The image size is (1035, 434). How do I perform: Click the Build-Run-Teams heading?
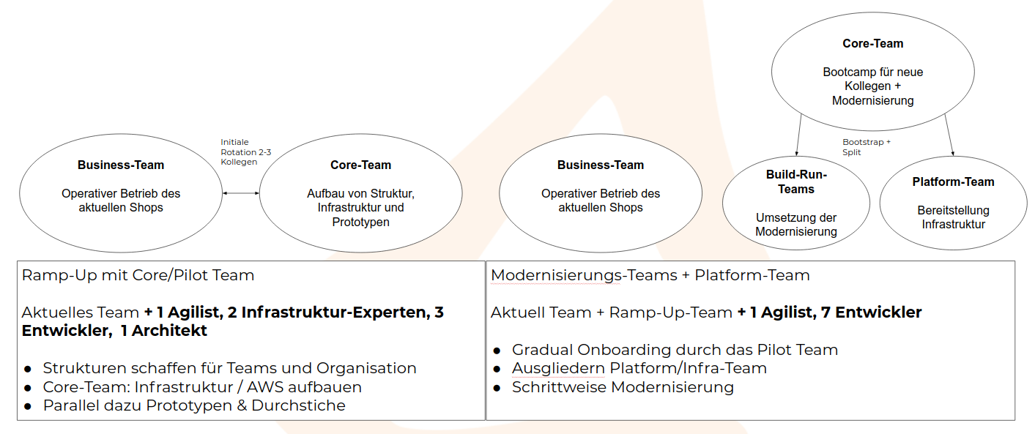796,182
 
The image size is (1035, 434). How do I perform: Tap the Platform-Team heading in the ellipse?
953,182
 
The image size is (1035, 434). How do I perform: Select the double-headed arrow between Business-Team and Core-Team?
240,193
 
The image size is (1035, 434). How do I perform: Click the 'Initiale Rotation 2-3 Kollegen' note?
245,152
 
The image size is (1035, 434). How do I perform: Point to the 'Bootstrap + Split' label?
867,147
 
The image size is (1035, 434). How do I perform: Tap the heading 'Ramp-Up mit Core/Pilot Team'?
138,275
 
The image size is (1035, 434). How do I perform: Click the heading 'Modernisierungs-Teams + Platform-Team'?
650,275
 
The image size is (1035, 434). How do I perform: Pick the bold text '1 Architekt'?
163,330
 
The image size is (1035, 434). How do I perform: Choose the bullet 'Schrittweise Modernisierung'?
623,387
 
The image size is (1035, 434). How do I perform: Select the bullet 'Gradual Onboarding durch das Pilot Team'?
675,350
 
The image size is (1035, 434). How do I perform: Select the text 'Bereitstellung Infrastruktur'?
953,217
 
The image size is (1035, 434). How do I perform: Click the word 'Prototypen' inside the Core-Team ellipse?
360,222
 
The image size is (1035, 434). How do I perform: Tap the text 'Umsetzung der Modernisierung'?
796,225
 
